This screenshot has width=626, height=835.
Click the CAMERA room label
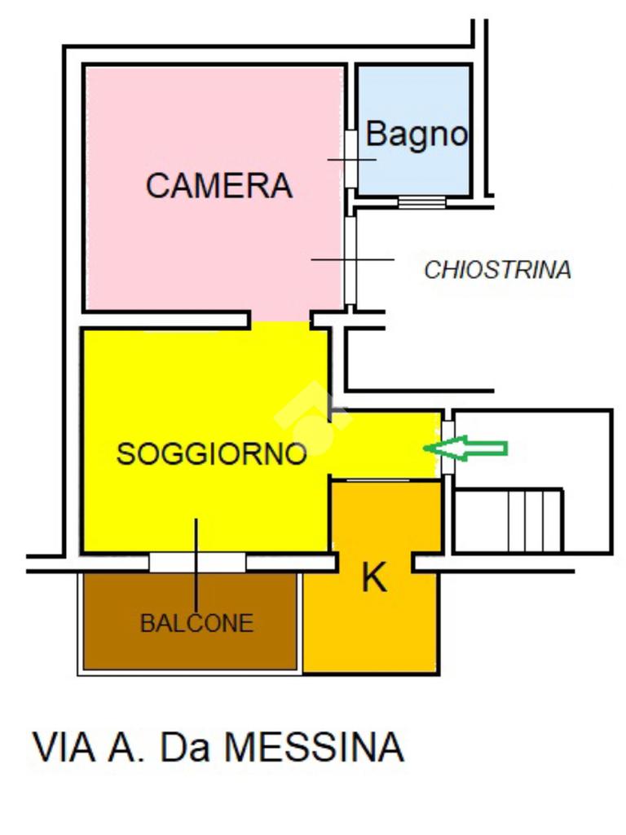tap(218, 186)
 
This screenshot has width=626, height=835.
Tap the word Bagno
tap(416, 134)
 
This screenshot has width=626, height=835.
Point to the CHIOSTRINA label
tap(497, 270)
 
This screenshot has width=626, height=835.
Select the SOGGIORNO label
tap(211, 453)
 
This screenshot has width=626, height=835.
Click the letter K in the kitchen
tap(373, 578)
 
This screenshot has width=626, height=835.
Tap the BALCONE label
tap(196, 624)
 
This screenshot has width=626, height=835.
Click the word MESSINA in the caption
tap(314, 747)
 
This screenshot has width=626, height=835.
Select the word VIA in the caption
tap(64, 747)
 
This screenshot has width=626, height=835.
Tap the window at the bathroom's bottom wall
tap(421, 201)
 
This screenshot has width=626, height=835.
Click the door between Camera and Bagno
tap(350, 159)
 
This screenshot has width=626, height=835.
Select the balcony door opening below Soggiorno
tap(197, 563)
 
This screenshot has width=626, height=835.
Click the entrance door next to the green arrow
tap(447, 448)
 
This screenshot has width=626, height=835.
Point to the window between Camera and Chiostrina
tap(350, 259)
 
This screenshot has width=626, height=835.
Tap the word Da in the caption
tap(186, 747)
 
